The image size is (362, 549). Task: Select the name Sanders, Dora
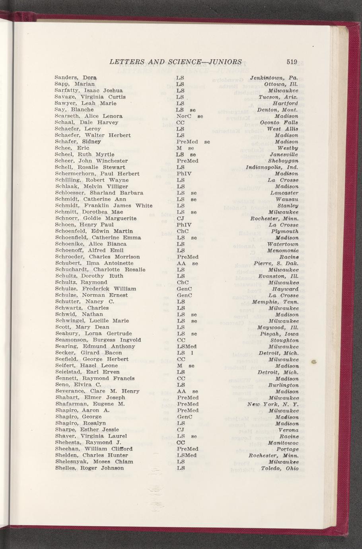tap(76, 78)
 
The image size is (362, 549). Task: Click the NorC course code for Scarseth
tap(184, 116)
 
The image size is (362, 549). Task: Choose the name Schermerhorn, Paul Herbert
tap(97, 173)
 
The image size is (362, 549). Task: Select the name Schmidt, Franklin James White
tap(103, 206)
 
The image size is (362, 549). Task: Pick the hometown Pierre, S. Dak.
tap(276, 263)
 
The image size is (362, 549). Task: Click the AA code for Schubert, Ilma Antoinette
tap(181, 263)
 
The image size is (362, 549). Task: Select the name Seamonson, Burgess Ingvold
tap(98, 340)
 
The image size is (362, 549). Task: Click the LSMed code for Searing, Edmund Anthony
tap(187, 347)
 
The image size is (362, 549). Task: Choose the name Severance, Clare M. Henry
tap(97, 391)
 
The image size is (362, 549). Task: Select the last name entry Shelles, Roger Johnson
tap(89, 468)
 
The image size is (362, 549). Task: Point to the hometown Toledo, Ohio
tap(280, 468)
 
